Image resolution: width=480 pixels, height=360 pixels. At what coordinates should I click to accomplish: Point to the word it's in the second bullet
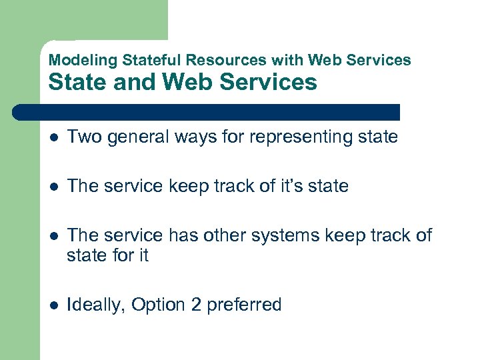pyautogui.click(x=287, y=186)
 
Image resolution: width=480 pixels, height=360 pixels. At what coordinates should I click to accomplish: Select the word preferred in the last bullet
pyautogui.click(x=244, y=305)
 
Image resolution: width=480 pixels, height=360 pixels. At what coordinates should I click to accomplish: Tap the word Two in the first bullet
pyautogui.click(x=83, y=137)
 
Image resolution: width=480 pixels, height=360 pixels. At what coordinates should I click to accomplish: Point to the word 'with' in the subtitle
pyautogui.click(x=287, y=60)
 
